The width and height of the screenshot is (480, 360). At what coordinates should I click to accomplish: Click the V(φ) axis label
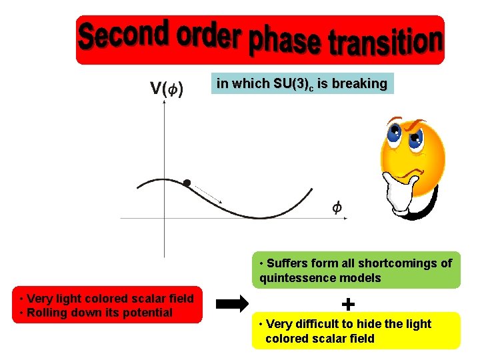point(167,89)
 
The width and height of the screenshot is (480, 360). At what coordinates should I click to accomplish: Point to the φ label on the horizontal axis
point(337,208)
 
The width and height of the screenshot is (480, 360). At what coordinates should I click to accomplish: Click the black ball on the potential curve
point(187,182)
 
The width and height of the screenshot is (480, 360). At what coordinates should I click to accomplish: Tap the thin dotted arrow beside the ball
point(209,193)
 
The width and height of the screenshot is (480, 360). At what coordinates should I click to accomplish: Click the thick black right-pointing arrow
point(233,305)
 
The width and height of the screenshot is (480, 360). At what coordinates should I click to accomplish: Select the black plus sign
point(347,305)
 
